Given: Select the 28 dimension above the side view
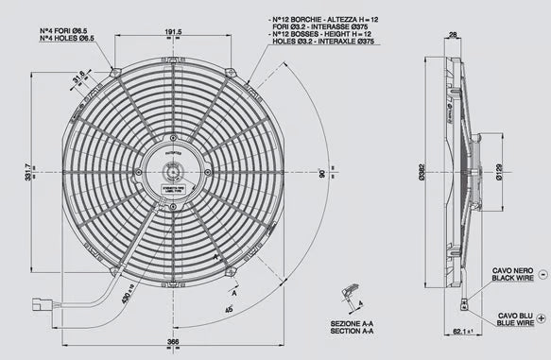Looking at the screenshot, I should click(x=453, y=34).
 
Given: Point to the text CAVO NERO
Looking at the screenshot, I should click(x=511, y=270).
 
